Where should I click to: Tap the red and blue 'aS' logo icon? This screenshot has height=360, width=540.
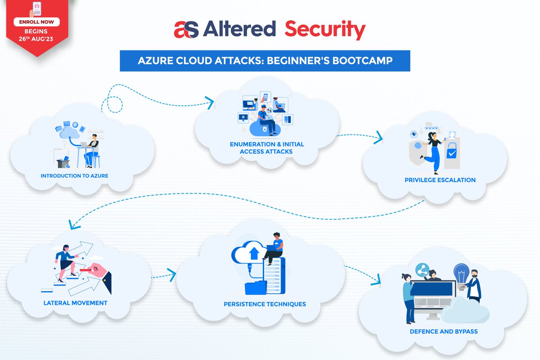(186, 30)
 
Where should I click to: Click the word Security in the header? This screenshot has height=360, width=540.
(325, 30)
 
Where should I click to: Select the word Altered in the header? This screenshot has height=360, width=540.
(239, 30)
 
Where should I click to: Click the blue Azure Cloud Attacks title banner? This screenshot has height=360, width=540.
(265, 61)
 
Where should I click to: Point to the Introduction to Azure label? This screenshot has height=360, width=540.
(74, 175)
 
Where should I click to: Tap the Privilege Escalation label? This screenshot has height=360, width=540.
(440, 180)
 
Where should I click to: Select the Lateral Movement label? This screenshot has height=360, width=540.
(76, 303)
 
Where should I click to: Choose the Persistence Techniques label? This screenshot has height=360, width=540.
(265, 304)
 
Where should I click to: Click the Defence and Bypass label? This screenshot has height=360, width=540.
(444, 332)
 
